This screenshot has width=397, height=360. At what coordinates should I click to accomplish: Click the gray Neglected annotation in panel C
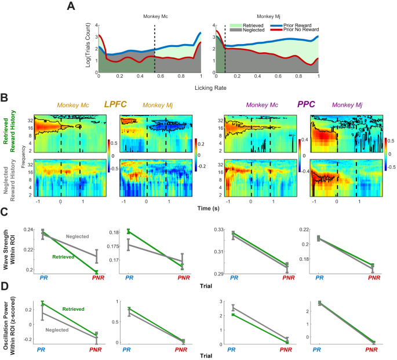pos(78,237)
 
